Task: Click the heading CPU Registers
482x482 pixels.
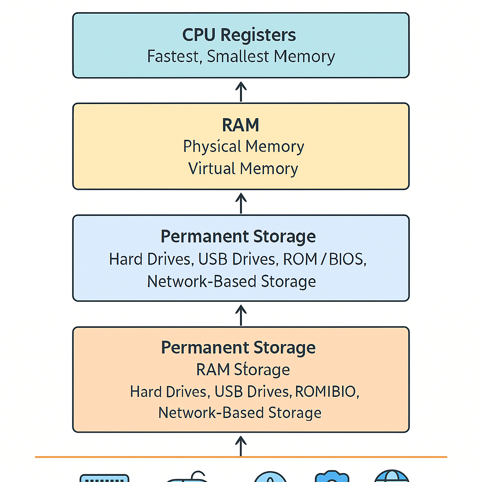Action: click(x=239, y=35)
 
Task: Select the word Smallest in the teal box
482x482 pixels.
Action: click(x=238, y=56)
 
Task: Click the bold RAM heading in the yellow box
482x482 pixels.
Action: click(x=241, y=125)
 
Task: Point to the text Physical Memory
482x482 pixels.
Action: click(x=243, y=146)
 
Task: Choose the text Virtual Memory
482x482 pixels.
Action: click(x=243, y=169)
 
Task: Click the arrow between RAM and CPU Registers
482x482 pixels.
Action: click(x=241, y=91)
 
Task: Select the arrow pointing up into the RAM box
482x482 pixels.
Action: click(x=241, y=202)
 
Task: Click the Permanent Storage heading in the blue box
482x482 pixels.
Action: click(x=238, y=236)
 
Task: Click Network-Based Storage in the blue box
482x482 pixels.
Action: click(x=231, y=281)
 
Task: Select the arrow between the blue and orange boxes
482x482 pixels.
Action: click(x=241, y=314)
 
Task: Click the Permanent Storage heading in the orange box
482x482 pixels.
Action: click(x=238, y=348)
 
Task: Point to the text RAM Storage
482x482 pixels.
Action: click(x=243, y=370)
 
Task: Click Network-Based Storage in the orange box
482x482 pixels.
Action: click(x=240, y=413)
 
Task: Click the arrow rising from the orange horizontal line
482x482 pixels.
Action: click(x=241, y=445)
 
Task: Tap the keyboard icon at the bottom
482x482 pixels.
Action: click(x=104, y=477)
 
